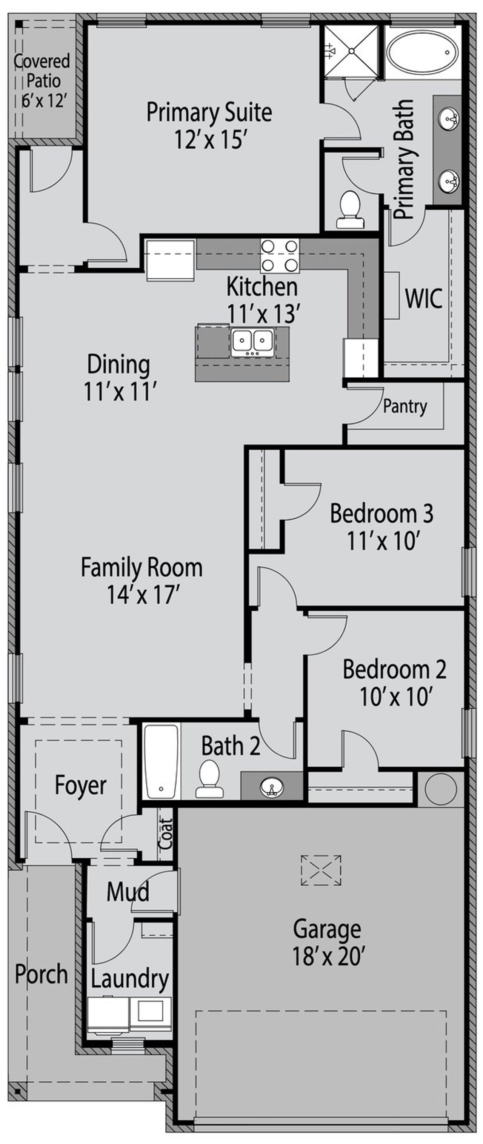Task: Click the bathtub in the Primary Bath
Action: point(421,52)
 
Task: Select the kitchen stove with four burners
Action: point(280,256)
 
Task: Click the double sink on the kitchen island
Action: point(252,342)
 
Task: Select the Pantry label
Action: point(405,406)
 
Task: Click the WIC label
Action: point(423,298)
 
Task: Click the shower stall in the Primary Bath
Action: point(351,51)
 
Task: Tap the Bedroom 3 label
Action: point(381,514)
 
